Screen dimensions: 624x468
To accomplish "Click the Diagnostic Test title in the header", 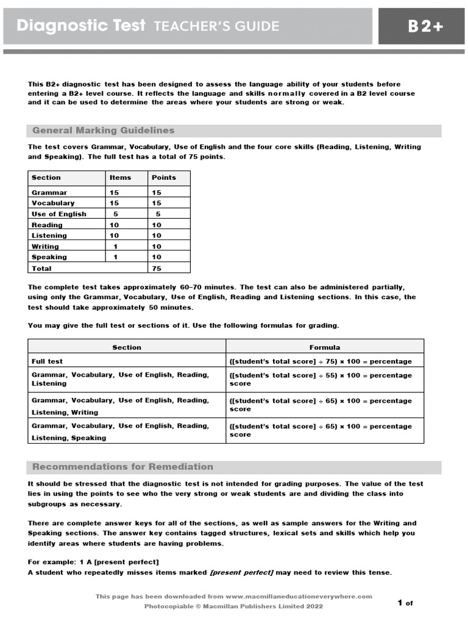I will (x=81, y=26).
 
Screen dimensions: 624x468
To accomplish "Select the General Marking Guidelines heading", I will (x=103, y=130).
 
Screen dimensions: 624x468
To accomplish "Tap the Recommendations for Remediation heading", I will (x=122, y=467).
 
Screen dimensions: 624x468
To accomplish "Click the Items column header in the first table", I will (x=120, y=177).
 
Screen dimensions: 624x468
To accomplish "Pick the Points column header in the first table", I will (x=163, y=177).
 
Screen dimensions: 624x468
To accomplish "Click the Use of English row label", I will (x=59, y=214).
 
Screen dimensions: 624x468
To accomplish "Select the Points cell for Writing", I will (x=157, y=247).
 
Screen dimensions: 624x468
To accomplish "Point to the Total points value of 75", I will (x=157, y=268).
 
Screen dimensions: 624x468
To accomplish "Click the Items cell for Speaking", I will (x=116, y=257).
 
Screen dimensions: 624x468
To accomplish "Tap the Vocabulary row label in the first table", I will (x=53, y=203).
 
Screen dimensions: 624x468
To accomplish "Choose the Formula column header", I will (x=325, y=347).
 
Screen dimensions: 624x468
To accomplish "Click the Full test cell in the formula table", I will (x=47, y=361).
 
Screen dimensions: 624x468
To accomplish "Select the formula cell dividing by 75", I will (x=321, y=361).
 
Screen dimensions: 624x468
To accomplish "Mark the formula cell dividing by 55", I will (x=321, y=379).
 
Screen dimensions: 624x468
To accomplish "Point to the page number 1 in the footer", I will (x=400, y=603).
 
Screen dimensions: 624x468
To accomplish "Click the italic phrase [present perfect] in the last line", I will (x=241, y=572).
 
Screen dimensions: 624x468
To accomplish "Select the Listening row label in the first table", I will (x=49, y=235).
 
